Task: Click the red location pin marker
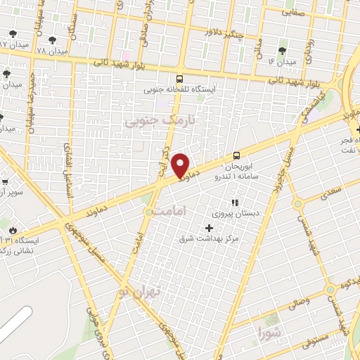[x=181, y=166]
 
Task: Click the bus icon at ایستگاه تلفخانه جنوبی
[x=179, y=79]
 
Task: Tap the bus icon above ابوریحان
[x=236, y=156]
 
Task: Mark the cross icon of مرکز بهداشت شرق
[x=208, y=228]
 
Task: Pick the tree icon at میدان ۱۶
[x=283, y=51]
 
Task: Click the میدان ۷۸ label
[x=51, y=51]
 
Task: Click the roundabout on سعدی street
[x=297, y=204]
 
